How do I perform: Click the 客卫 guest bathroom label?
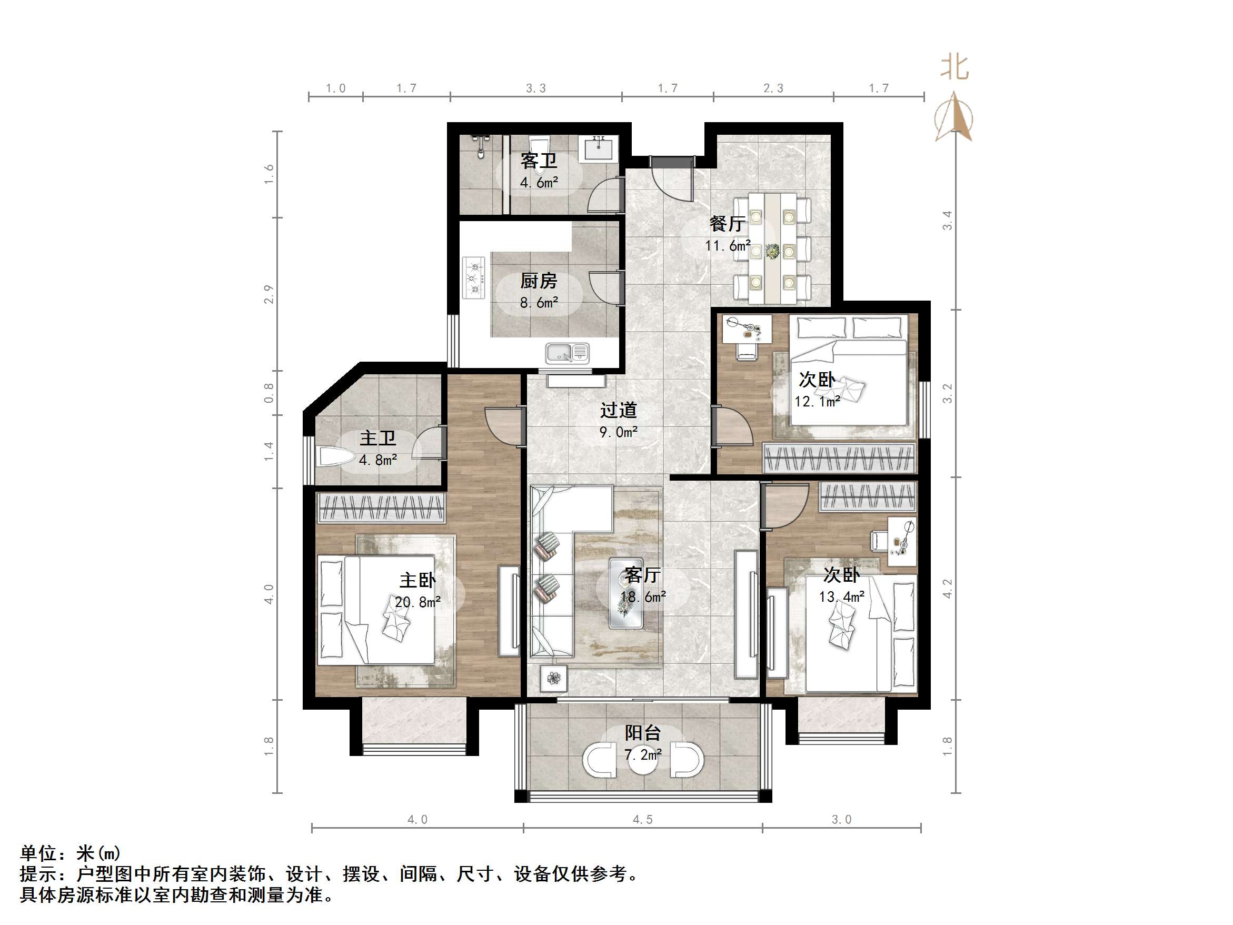click(539, 161)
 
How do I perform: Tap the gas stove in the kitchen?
click(474, 277)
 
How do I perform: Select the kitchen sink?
click(566, 352)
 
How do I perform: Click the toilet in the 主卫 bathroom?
click(335, 457)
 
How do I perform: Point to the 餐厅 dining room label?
click(727, 224)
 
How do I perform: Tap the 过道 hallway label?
click(618, 410)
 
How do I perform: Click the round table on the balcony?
click(642, 762)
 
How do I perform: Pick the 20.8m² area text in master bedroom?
click(417, 602)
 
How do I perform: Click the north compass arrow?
click(957, 117)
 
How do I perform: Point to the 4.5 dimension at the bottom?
click(642, 820)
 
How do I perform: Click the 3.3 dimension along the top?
click(535, 88)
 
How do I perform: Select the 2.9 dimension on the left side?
click(269, 294)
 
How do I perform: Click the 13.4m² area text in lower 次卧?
click(841, 597)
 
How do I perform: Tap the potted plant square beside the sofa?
click(553, 679)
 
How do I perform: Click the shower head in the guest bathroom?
click(480, 144)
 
